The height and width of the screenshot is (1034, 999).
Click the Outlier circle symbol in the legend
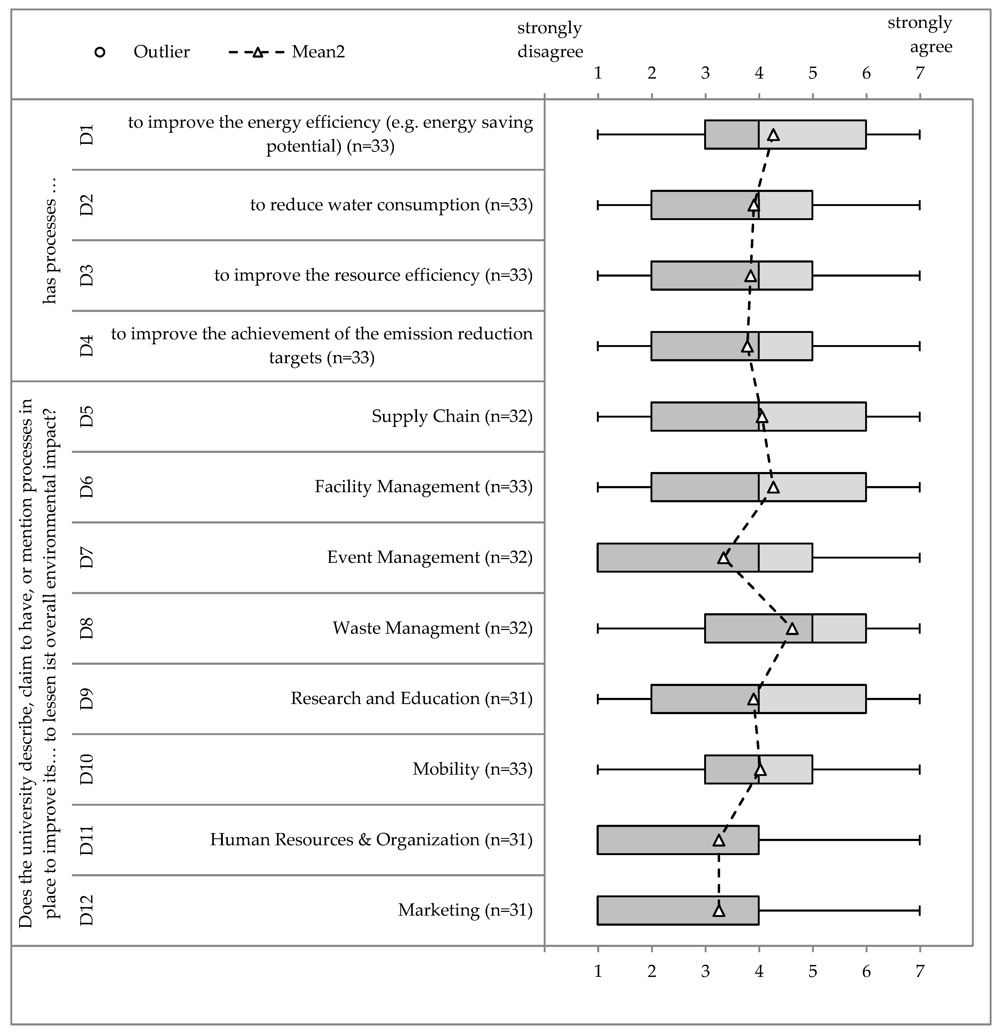pyautogui.click(x=100, y=52)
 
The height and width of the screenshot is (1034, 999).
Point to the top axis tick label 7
pyautogui.click(x=920, y=73)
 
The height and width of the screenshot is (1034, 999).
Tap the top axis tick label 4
pyautogui.click(x=759, y=73)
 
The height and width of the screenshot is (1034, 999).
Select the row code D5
pyautogui.click(x=87, y=416)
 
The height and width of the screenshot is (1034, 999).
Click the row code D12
pyautogui.click(x=87, y=911)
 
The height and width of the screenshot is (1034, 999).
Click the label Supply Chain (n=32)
pyautogui.click(x=452, y=416)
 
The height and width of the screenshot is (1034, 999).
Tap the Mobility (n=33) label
pyautogui.click(x=472, y=769)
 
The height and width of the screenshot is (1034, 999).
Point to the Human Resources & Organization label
pyautogui.click(x=371, y=840)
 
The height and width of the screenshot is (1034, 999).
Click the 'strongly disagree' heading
pyautogui.click(x=550, y=40)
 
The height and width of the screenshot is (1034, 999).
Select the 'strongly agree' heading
pyautogui.click(x=920, y=35)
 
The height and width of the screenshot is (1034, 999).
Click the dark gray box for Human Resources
pyautogui.click(x=678, y=840)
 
